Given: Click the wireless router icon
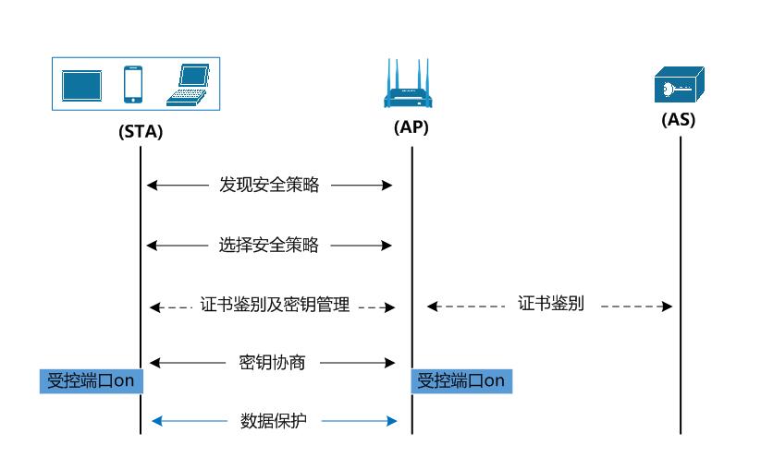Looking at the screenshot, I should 409,90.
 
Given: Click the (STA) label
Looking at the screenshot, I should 141,131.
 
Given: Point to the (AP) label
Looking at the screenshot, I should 411,128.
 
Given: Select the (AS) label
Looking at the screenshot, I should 679,120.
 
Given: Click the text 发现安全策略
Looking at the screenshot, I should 269,185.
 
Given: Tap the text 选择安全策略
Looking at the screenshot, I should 269,245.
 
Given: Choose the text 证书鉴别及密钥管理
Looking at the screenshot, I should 275,306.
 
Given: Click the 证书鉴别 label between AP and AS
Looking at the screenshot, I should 550,305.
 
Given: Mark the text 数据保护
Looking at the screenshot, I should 273,421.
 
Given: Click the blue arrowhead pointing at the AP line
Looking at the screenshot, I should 391,421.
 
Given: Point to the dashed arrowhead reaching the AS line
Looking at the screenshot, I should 667,306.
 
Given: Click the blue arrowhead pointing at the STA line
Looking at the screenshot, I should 156,421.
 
